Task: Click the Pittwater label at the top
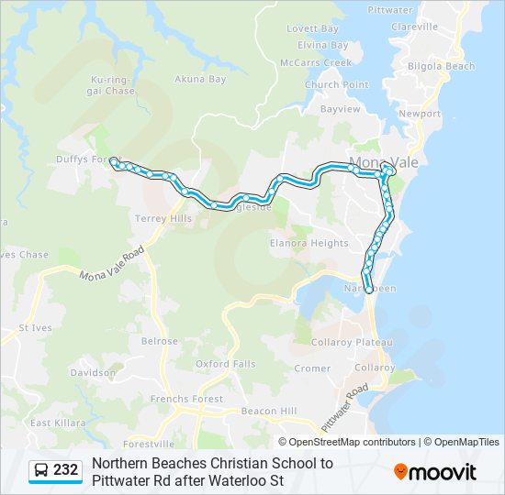click(389, 10)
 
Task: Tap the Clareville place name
click(414, 27)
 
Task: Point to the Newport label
click(420, 114)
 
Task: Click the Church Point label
click(337, 85)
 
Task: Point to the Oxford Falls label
click(226, 364)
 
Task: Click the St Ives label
click(35, 327)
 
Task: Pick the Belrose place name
click(160, 341)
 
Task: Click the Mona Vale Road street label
click(112, 264)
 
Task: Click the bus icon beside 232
click(42, 470)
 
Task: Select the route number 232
click(65, 470)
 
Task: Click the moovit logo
click(435, 471)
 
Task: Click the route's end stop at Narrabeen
click(369, 290)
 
